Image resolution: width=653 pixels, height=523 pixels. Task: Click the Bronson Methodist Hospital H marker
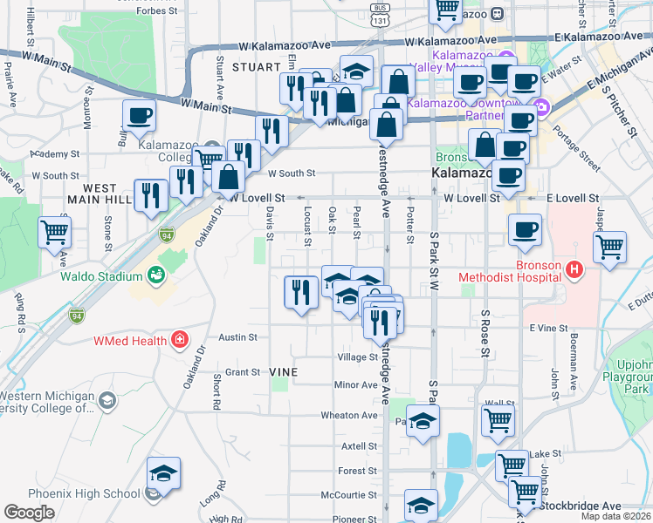(574, 270)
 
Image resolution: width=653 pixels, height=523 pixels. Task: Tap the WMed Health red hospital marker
(180, 339)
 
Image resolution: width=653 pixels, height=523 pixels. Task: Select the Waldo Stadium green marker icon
(156, 276)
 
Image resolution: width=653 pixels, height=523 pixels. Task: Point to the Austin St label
(237, 337)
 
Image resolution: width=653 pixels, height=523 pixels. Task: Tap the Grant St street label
(244, 372)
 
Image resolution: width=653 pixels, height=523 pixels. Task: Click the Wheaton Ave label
(348, 415)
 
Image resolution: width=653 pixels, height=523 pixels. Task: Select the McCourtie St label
(348, 494)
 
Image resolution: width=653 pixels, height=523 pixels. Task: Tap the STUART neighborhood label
(255, 66)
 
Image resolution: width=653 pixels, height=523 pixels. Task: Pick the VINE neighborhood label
(284, 372)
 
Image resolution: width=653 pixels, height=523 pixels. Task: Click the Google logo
(29, 513)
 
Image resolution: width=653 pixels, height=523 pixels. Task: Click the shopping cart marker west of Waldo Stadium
(55, 232)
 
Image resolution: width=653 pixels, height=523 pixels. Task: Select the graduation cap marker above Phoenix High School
(163, 472)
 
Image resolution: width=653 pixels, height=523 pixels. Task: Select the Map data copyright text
(617, 516)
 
